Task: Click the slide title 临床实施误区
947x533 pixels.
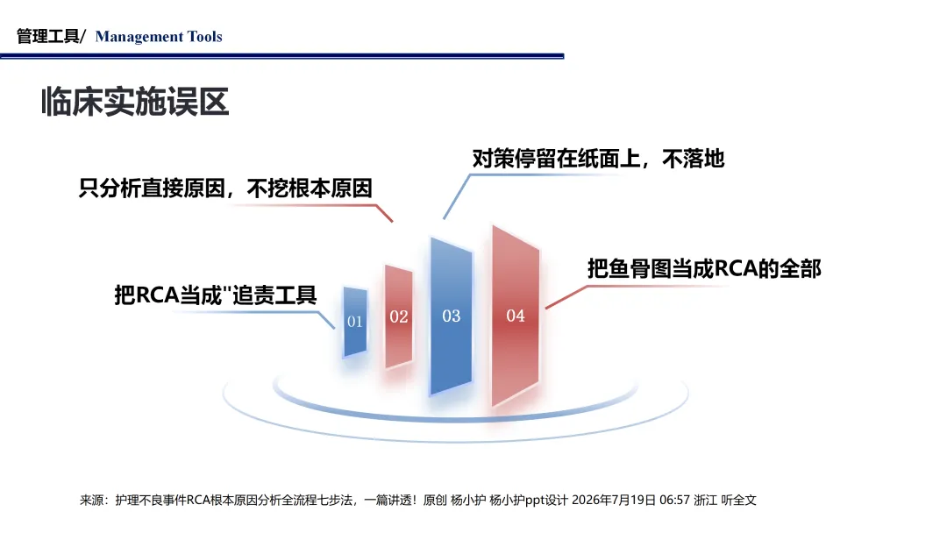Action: click(x=135, y=102)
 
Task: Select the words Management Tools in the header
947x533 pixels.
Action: click(x=159, y=37)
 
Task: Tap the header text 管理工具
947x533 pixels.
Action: click(x=47, y=36)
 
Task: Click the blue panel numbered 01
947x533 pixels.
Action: click(x=355, y=322)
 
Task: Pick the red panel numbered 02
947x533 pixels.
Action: click(x=399, y=316)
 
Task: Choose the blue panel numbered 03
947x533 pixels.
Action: click(x=452, y=316)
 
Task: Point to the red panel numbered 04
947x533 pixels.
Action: click(x=516, y=315)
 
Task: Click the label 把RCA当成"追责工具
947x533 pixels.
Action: click(x=216, y=295)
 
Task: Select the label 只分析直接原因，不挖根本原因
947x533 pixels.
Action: click(x=225, y=188)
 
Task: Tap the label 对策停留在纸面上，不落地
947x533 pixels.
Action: click(x=598, y=159)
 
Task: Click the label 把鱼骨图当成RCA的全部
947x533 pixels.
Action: click(x=704, y=268)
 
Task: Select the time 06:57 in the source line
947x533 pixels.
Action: click(x=674, y=500)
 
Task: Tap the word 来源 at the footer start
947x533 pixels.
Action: click(x=92, y=500)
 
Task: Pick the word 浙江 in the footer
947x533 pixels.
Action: click(x=705, y=500)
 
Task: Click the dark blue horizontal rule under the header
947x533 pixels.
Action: click(x=282, y=56)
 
